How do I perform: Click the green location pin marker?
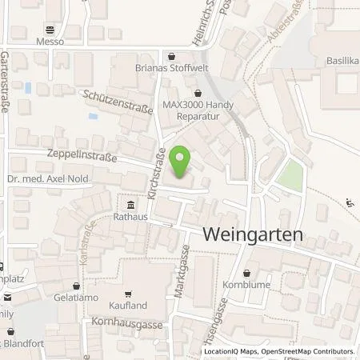point(183,163)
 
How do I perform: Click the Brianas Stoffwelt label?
point(174,68)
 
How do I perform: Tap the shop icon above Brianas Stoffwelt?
point(174,56)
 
